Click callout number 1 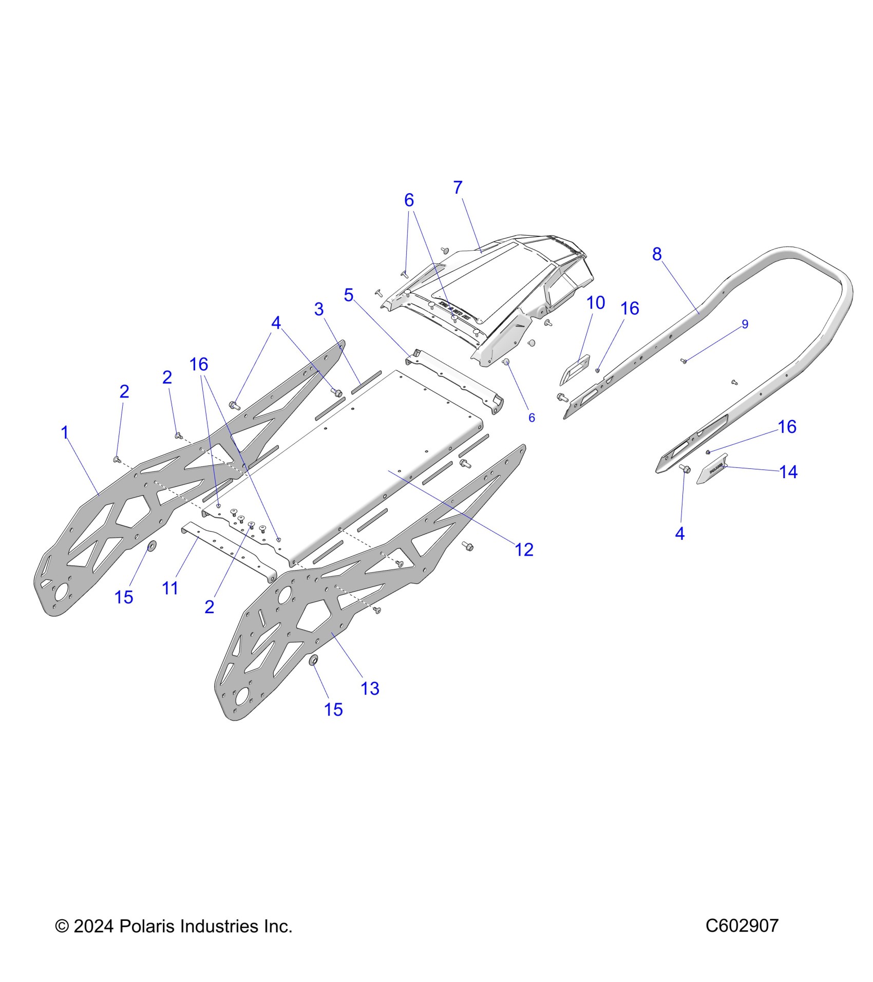65,432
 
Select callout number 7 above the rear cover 458,188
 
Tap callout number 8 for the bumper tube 657,254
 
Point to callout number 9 745,324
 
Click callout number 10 596,303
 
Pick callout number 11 170,589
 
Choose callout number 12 524,550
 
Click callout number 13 370,689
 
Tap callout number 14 788,472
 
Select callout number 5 349,295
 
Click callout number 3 319,309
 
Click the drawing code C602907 742,926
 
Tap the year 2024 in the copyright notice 93,927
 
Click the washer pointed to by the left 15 152,545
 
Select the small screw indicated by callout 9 684,361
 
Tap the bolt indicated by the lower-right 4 685,468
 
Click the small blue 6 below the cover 532,418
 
